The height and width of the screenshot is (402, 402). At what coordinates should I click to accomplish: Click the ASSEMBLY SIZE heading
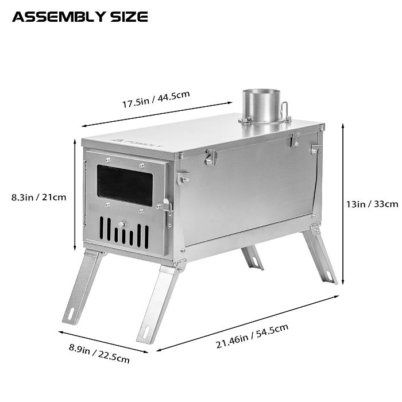tap(80, 17)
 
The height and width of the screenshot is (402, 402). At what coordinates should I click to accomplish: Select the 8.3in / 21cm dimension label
tap(38, 197)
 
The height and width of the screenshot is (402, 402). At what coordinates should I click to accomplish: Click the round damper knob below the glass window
tap(121, 224)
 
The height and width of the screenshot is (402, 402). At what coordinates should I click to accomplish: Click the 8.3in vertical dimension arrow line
tap(75, 195)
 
